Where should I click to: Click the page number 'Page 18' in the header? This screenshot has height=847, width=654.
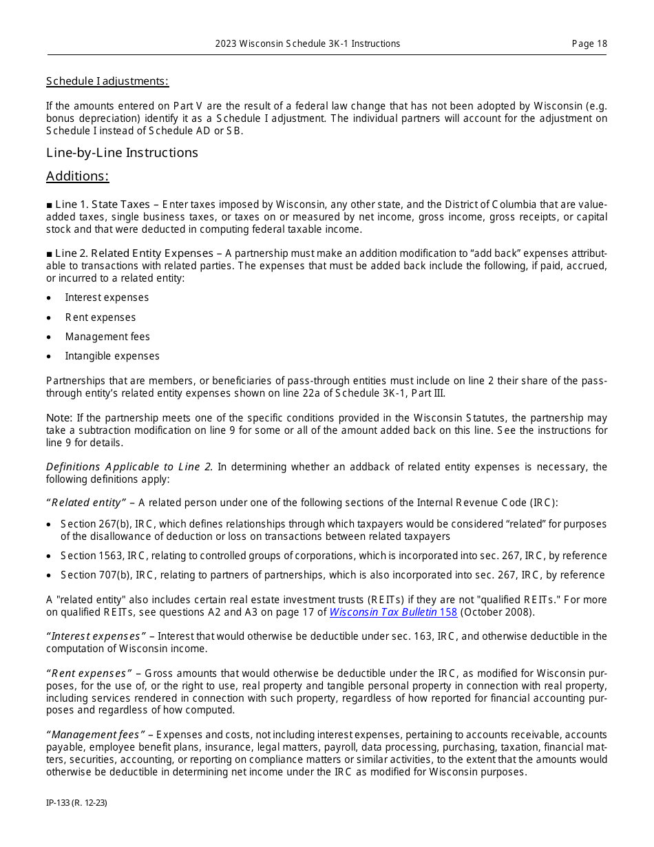click(x=589, y=43)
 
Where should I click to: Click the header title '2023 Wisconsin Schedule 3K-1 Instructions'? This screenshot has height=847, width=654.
click(x=307, y=43)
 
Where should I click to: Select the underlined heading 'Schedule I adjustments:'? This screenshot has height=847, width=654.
click(x=107, y=81)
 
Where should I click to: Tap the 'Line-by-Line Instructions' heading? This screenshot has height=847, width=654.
click(x=122, y=152)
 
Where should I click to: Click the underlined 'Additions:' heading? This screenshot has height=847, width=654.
click(x=77, y=176)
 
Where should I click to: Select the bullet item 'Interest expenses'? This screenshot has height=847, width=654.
click(x=107, y=297)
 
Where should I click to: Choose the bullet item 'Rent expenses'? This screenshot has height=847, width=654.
click(x=100, y=317)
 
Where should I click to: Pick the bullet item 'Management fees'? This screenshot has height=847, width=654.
click(x=107, y=337)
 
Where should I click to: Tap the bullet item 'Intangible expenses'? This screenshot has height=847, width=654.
click(x=112, y=356)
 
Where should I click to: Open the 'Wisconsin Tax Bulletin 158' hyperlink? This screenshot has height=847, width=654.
click(x=393, y=611)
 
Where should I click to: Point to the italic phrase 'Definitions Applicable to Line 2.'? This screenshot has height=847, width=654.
click(x=129, y=467)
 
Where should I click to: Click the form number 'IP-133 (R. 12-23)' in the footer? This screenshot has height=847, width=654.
click(x=76, y=802)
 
